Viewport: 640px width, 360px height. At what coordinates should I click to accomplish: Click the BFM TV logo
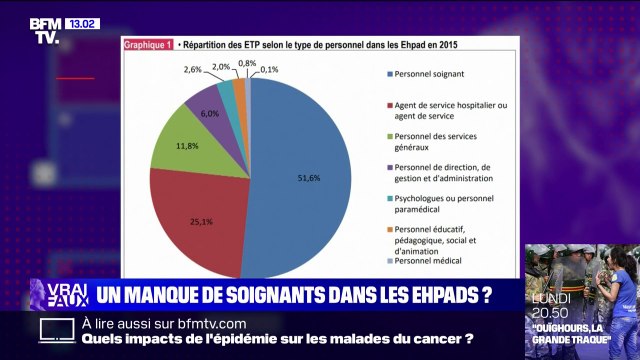44,30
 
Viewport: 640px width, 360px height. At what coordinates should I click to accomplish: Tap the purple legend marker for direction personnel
388,166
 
